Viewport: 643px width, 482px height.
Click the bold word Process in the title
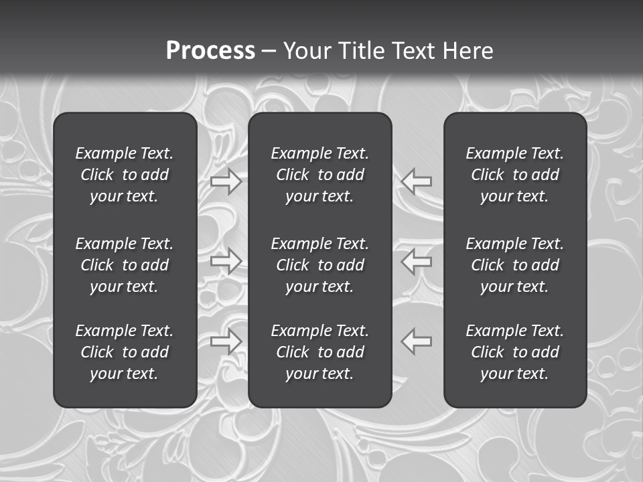[x=210, y=51]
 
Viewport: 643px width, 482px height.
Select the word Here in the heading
[x=467, y=51]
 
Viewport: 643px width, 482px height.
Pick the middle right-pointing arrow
[x=226, y=260]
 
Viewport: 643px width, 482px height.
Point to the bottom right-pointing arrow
[x=226, y=341]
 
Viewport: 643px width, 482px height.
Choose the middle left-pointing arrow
[x=417, y=260]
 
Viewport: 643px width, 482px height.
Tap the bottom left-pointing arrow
[x=417, y=341]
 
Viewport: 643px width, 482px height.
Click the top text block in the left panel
[x=125, y=175]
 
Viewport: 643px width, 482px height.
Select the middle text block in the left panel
[x=125, y=265]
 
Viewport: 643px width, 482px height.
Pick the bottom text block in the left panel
[x=125, y=352]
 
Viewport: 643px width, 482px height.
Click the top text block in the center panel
[x=320, y=175]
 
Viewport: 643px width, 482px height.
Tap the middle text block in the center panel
[x=320, y=265]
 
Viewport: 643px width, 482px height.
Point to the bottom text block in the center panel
[x=320, y=352]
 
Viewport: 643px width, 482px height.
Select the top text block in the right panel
[x=515, y=175]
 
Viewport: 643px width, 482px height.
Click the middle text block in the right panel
[x=515, y=265]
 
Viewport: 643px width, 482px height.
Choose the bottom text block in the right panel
[x=515, y=352]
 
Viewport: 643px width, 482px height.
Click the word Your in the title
[x=307, y=51]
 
